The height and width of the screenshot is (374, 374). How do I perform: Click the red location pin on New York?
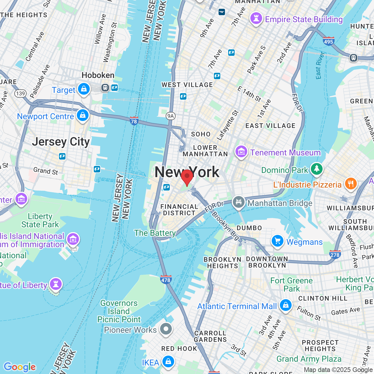click(187, 176)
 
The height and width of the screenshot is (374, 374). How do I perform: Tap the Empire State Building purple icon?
click(256, 18)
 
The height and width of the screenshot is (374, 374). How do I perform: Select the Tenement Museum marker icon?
click(241, 152)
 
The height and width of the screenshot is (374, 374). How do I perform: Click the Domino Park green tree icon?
click(316, 169)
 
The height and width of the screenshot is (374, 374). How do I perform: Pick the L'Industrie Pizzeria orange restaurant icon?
click(351, 183)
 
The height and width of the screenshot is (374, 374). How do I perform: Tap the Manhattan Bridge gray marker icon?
click(238, 202)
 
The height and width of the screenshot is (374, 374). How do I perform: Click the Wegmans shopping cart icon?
click(277, 241)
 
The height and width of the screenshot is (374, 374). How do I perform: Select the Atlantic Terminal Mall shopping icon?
click(285, 305)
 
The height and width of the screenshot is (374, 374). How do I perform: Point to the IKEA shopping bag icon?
click(168, 361)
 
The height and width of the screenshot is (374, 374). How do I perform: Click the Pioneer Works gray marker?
click(166, 329)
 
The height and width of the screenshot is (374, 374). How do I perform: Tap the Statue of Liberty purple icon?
click(56, 284)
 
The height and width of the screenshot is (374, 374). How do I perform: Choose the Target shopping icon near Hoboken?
click(84, 89)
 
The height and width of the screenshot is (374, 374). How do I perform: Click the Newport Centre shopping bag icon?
click(83, 115)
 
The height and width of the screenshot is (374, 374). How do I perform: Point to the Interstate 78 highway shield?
click(134, 121)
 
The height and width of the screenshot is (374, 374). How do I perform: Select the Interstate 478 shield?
click(166, 280)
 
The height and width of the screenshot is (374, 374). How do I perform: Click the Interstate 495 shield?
click(328, 41)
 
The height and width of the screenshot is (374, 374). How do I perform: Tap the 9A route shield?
click(170, 116)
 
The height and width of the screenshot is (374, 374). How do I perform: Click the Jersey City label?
click(61, 142)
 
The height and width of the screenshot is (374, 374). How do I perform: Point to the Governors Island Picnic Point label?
click(119, 311)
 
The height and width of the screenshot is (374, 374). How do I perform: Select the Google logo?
click(20, 367)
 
